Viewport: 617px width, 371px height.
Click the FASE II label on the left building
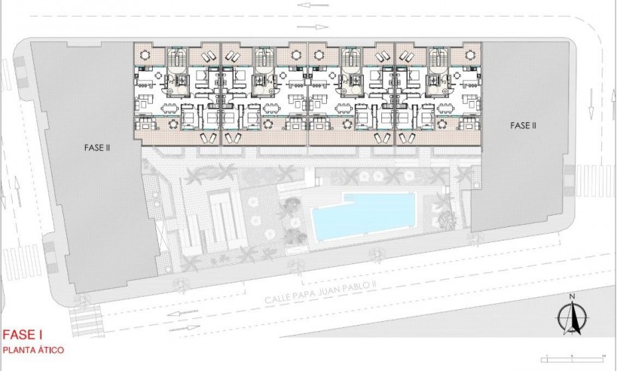tap(98, 149)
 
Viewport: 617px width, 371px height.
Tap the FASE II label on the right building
tap(523, 125)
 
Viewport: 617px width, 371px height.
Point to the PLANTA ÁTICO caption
tap(32, 351)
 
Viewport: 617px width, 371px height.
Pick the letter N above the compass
tap(573, 296)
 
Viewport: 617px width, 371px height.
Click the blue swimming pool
tap(363, 215)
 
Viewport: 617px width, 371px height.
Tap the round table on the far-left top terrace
tap(144, 54)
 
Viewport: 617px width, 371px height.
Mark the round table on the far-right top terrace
tap(472, 54)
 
